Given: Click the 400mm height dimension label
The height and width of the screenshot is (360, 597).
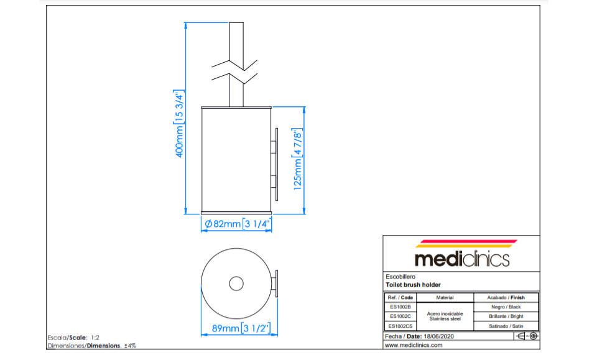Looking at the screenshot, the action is tap(179, 124).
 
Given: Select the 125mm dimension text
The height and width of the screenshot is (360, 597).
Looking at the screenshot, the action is tap(297, 159).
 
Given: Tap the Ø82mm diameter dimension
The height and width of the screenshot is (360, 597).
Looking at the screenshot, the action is tap(237, 224).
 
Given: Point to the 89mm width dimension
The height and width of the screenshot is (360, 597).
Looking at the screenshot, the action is tap(241, 328).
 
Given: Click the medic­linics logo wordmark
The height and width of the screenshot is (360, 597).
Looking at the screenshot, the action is tap(462, 259).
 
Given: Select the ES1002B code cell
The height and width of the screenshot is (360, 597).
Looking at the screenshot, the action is tap(400, 307).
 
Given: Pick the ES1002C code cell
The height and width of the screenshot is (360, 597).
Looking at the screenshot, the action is tap(400, 316).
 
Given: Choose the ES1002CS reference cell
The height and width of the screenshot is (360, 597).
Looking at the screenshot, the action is tap(400, 326).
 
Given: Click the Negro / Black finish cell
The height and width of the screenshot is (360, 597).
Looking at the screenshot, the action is tap(506, 307).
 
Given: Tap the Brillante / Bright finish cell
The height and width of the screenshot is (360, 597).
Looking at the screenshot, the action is tap(506, 316).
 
